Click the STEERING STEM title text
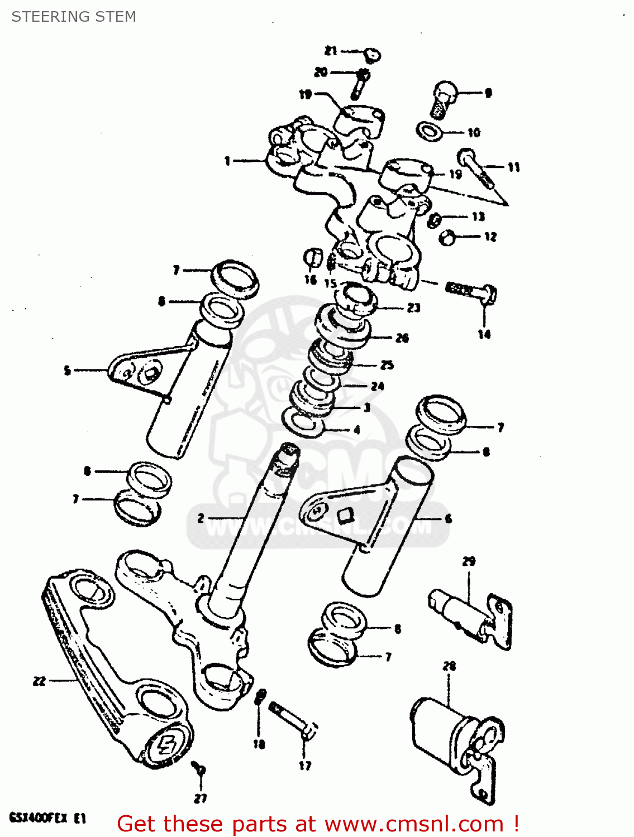(x=74, y=17)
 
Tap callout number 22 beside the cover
(x=39, y=681)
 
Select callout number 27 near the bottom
(x=201, y=798)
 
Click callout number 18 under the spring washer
(x=259, y=744)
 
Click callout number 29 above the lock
(x=469, y=561)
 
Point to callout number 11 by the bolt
(x=513, y=167)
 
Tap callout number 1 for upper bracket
(x=227, y=161)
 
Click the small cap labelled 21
(x=373, y=55)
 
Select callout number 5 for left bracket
(x=68, y=370)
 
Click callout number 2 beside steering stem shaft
(x=201, y=518)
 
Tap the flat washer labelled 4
(x=304, y=422)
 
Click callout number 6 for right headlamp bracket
(x=448, y=518)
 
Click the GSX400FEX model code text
(x=47, y=819)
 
